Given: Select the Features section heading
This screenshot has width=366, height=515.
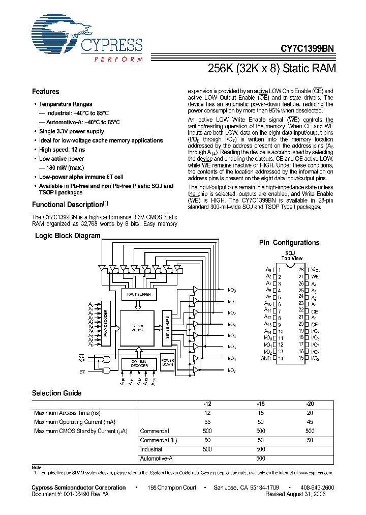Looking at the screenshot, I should [x=46, y=92].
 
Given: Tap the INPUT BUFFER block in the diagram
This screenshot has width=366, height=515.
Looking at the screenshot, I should [x=139, y=294].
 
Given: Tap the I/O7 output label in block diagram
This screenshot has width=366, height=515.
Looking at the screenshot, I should [x=232, y=370].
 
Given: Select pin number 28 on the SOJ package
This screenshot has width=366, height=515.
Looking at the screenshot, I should [x=301, y=269].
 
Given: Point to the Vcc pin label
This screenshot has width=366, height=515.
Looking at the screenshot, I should [x=315, y=269].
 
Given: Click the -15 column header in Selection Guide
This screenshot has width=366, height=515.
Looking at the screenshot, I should [x=260, y=404].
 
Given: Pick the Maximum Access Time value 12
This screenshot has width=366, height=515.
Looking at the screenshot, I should [x=207, y=413].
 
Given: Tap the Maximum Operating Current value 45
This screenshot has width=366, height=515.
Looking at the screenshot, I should [x=310, y=422].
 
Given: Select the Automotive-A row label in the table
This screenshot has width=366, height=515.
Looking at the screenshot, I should [x=156, y=459].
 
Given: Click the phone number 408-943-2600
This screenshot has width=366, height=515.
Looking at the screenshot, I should [x=316, y=488].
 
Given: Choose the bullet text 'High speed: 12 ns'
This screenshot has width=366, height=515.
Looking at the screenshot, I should [x=62, y=150].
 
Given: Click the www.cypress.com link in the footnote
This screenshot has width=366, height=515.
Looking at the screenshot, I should [x=313, y=473].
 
